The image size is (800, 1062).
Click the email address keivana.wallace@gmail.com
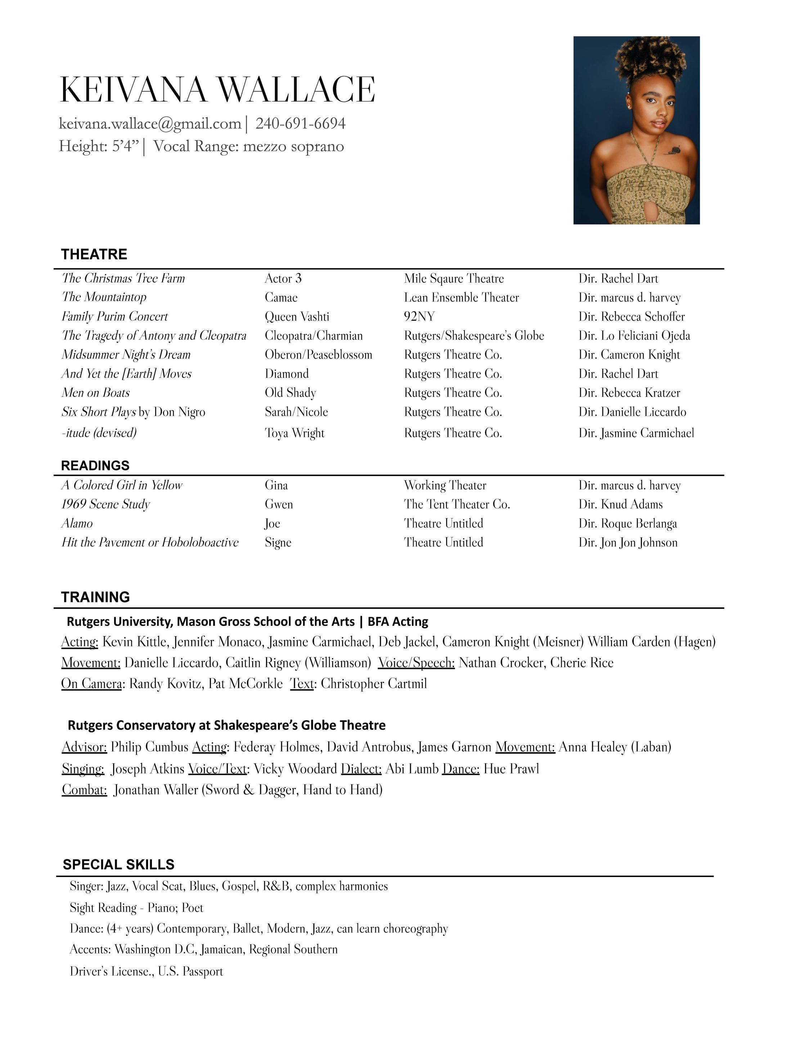click(150, 124)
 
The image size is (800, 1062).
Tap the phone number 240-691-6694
click(300, 124)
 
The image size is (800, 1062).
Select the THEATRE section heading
click(94, 254)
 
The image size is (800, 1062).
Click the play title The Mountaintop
click(104, 297)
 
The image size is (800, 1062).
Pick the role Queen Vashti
click(297, 316)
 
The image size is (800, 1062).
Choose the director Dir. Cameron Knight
click(629, 355)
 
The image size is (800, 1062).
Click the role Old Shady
click(290, 393)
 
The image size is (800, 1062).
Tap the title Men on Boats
click(95, 393)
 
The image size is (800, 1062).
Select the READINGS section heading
click(95, 466)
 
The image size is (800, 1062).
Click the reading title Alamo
click(77, 523)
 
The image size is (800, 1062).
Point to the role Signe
click(278, 543)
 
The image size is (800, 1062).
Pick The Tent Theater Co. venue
click(457, 504)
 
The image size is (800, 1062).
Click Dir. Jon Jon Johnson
click(628, 543)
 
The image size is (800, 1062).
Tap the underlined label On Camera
click(91, 684)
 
